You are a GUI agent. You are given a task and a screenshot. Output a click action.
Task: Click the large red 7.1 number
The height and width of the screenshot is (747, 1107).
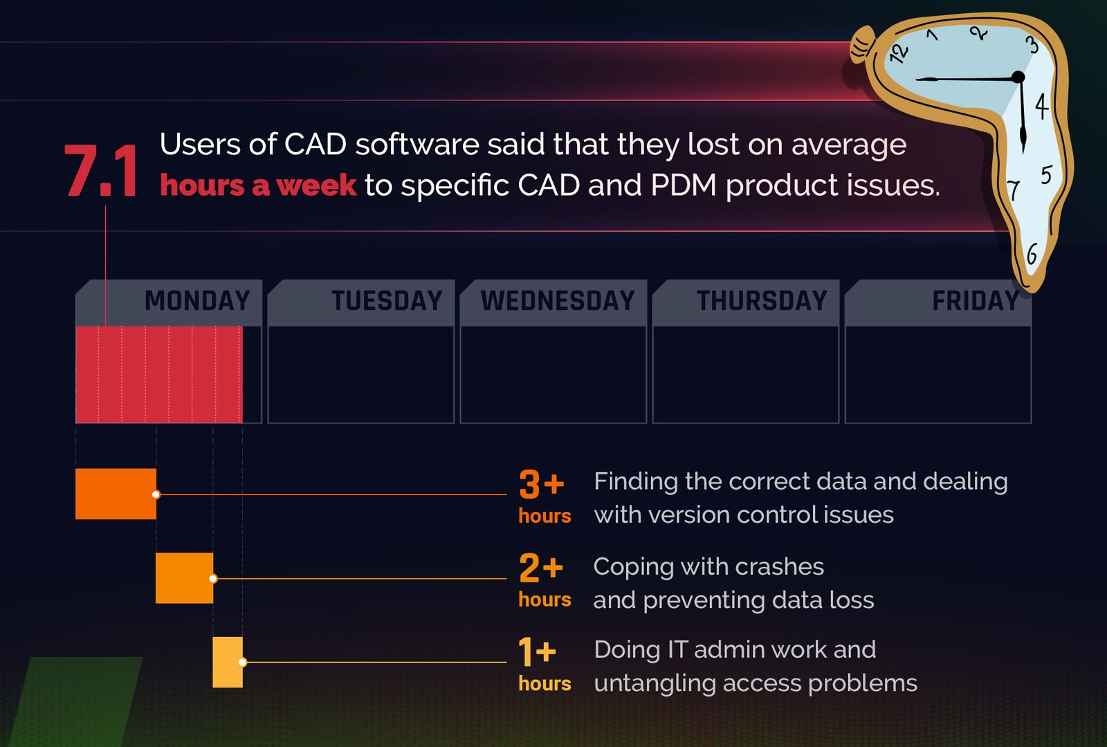pyautogui.click(x=101, y=172)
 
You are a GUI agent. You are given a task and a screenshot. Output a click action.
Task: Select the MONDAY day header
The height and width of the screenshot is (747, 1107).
pyautogui.click(x=196, y=301)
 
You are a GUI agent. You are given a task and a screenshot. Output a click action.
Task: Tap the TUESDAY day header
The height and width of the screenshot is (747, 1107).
pyautogui.click(x=386, y=301)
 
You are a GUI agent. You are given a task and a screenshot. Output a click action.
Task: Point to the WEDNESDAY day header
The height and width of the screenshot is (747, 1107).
pyautogui.click(x=558, y=301)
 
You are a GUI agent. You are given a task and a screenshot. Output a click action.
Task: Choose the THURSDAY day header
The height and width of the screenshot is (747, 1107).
pyautogui.click(x=761, y=301)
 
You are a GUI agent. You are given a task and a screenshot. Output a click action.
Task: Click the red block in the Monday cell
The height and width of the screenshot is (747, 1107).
pyautogui.click(x=159, y=374)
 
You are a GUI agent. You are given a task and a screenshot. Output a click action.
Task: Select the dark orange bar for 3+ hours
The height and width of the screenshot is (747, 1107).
pyautogui.click(x=116, y=494)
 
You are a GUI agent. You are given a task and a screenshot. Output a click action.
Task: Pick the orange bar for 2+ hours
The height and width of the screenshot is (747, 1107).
pyautogui.click(x=184, y=578)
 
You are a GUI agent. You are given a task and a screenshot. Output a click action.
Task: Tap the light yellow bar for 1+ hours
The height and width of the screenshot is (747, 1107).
pyautogui.click(x=228, y=662)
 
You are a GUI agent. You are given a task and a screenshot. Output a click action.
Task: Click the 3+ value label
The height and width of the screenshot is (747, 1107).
pyautogui.click(x=542, y=484)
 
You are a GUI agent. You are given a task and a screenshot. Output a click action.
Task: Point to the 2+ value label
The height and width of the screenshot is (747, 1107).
pyautogui.click(x=541, y=569)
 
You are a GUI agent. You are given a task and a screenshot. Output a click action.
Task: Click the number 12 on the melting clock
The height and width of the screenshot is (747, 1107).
pyautogui.click(x=898, y=53)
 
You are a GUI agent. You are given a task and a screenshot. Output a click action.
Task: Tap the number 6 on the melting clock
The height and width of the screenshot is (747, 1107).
pyautogui.click(x=1032, y=255)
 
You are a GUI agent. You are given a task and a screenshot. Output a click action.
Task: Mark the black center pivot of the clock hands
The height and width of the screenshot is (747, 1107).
pyautogui.click(x=1018, y=77)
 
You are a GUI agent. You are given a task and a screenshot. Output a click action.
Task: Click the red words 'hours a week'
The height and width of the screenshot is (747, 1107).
pyautogui.click(x=258, y=185)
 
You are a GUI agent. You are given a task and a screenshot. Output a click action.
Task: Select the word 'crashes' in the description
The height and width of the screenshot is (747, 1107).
pyautogui.click(x=779, y=567)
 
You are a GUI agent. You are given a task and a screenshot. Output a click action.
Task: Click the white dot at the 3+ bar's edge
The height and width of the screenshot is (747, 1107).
pyautogui.click(x=156, y=495)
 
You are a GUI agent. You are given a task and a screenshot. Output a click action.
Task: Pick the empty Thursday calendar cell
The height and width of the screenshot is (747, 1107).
pyautogui.click(x=745, y=374)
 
